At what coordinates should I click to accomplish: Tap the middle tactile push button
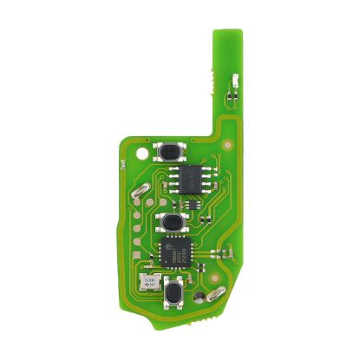(173, 222)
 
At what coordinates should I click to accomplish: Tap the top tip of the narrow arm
(222, 33)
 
